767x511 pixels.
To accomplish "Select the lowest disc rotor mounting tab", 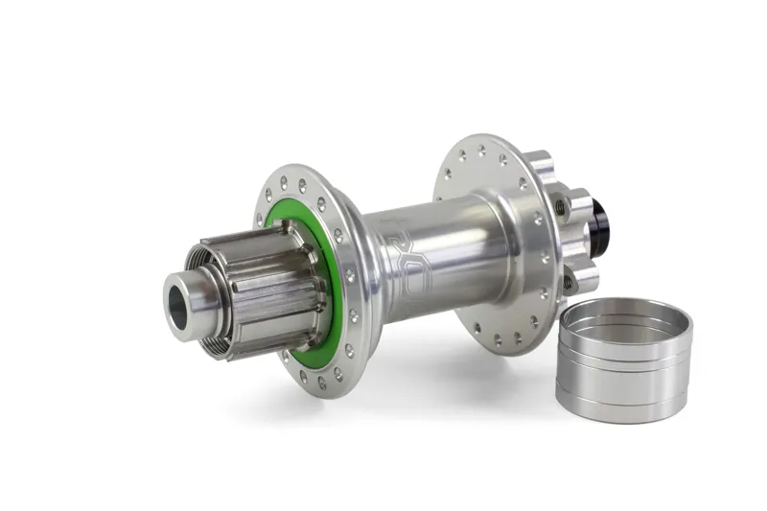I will [x=581, y=279].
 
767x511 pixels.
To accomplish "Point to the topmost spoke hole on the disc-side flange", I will [x=480, y=150].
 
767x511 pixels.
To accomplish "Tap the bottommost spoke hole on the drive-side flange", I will [x=320, y=383].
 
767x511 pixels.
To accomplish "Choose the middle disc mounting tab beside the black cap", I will [x=577, y=205].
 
